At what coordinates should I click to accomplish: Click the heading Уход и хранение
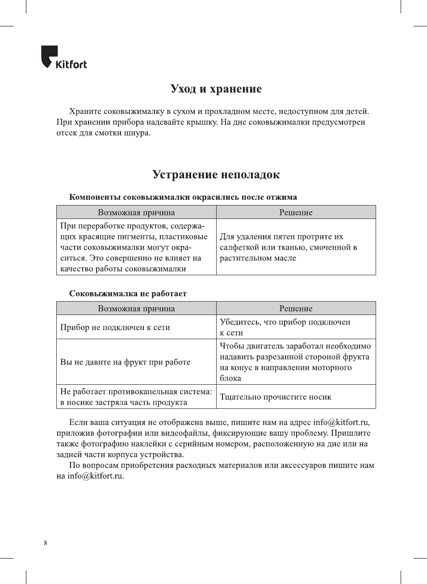point(216,88)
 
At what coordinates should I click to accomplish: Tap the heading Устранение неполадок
point(216,174)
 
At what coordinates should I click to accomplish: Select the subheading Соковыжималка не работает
point(128,294)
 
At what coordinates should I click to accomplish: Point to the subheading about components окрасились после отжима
point(183,197)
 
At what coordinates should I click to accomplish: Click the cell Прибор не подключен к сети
point(115,327)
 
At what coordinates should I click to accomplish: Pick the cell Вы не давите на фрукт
point(126,362)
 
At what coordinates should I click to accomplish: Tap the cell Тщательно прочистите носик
point(276,397)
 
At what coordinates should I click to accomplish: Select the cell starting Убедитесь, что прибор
point(285,327)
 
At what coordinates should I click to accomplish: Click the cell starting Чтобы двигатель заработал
point(295,362)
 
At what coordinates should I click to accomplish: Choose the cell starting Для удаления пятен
point(288,247)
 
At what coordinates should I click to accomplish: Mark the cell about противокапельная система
point(136,397)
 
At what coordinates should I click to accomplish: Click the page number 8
point(46,543)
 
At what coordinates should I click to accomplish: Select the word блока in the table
point(230,378)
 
